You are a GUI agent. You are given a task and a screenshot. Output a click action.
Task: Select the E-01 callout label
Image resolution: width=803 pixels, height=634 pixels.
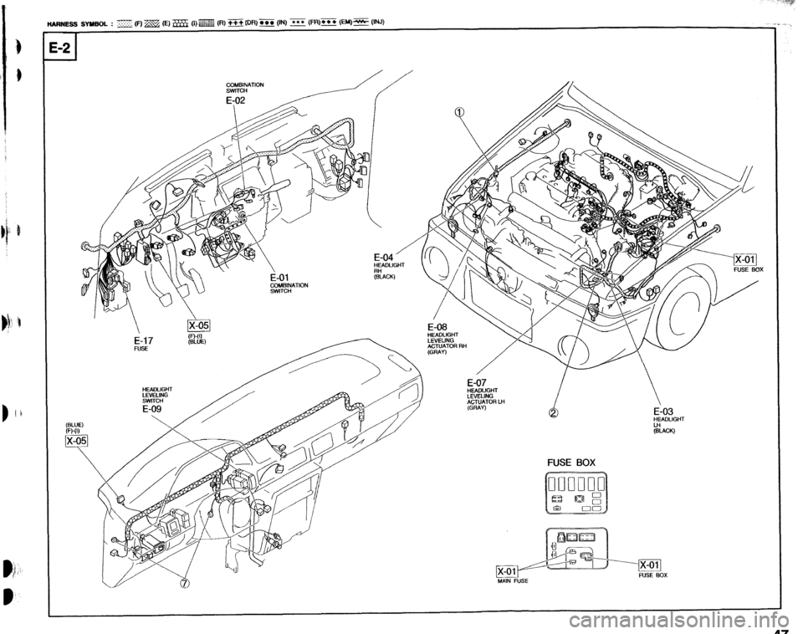tap(282, 278)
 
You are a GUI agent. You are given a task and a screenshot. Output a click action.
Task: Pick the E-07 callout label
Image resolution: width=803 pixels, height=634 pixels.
tap(481, 382)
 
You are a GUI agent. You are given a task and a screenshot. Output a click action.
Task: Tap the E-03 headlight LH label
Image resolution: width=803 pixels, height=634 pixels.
tap(668, 411)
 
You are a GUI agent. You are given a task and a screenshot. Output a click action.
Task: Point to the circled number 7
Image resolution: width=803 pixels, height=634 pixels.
tap(184, 583)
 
